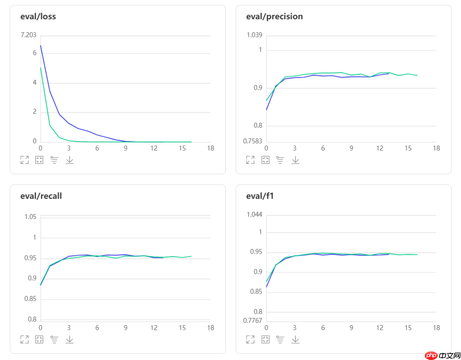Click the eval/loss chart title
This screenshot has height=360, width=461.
click(38, 17)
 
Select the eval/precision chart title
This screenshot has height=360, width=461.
click(274, 17)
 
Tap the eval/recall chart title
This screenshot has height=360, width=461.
click(41, 196)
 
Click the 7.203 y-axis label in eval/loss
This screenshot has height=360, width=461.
click(29, 35)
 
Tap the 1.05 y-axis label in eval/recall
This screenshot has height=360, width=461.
click(30, 217)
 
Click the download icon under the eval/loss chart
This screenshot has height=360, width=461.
click(70, 160)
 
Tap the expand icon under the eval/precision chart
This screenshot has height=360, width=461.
click(250, 160)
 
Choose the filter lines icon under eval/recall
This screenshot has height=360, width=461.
click(54, 339)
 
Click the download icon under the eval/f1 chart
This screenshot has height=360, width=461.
click(295, 339)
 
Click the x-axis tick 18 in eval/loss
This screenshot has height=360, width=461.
click(211, 148)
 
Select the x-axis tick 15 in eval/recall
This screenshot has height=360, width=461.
click(182, 328)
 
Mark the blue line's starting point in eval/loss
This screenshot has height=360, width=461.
click(41, 45)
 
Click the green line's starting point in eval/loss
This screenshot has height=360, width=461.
click(41, 68)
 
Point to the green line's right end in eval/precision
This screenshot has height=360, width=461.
click(417, 75)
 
